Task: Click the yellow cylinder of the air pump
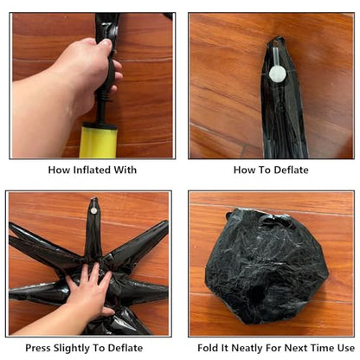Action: point(98,142)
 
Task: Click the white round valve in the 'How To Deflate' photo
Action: point(278,74)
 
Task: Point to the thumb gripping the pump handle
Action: point(103,44)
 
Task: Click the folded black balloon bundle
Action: point(267,265)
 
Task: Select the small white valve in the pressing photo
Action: point(93,210)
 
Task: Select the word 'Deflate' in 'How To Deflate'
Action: point(291,170)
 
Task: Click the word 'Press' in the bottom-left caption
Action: point(37,348)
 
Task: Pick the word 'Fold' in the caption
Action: point(208,348)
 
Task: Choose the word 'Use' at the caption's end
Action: point(345,348)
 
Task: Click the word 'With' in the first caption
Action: point(125,170)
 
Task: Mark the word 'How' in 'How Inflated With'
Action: point(59,170)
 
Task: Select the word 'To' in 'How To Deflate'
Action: point(265,170)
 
